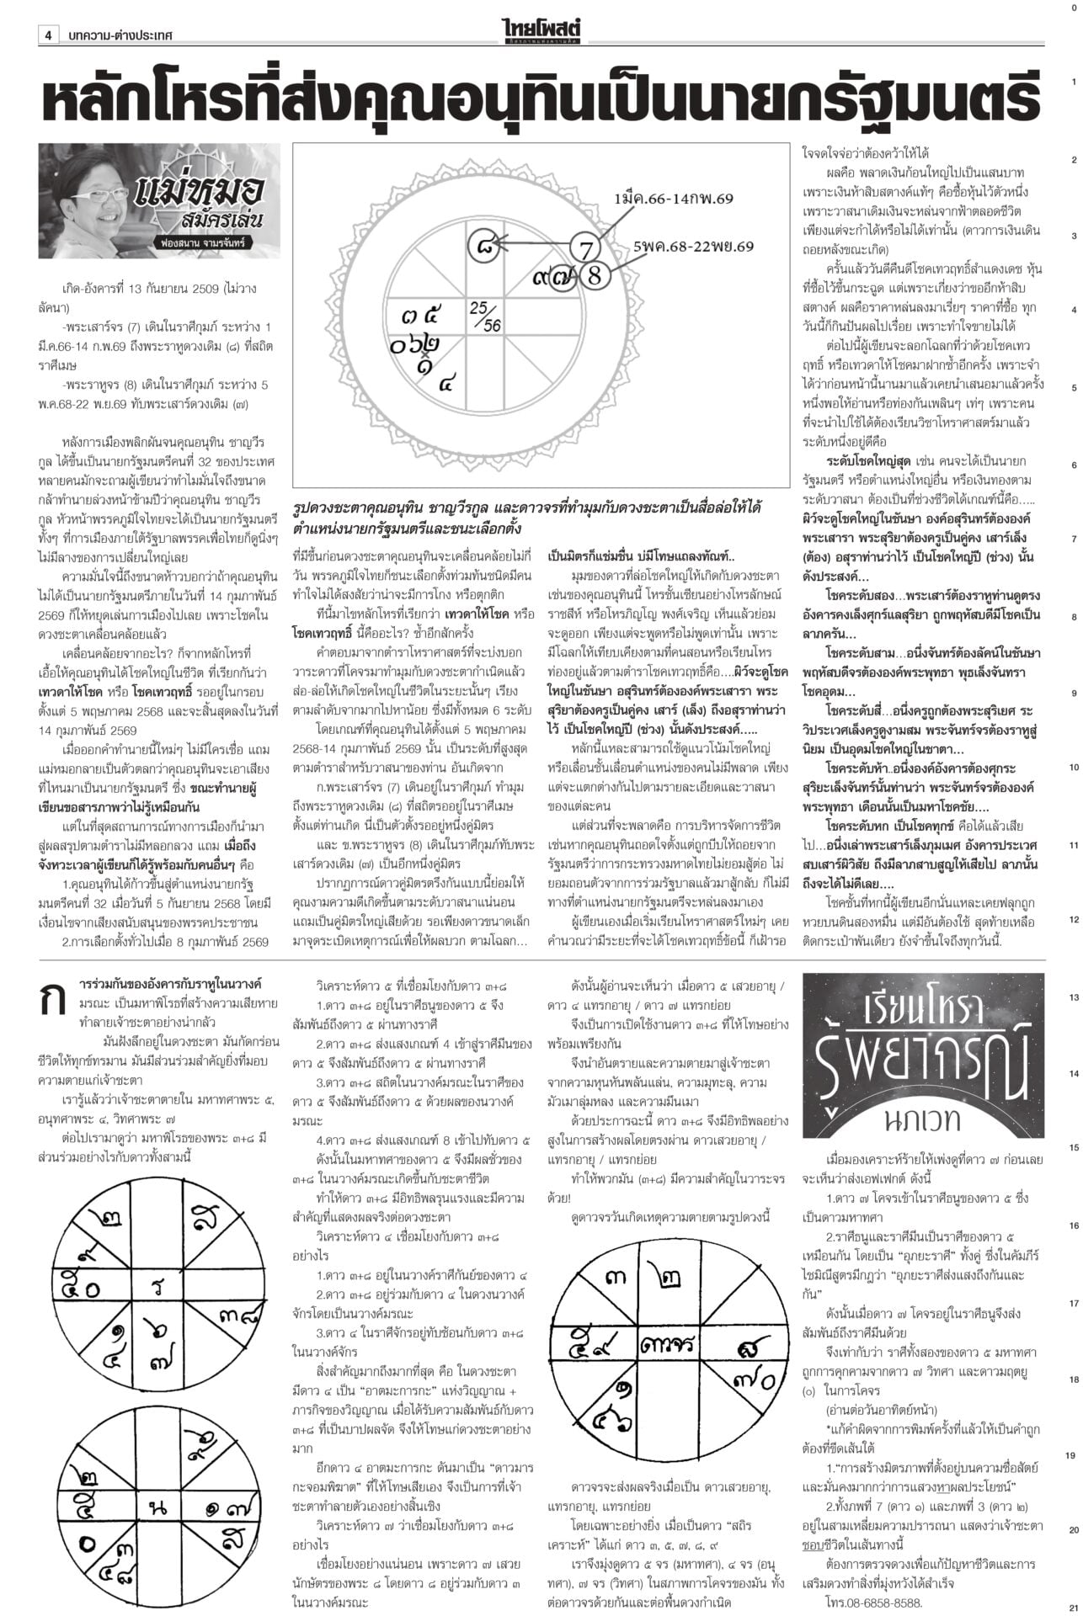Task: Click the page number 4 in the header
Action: tap(49, 36)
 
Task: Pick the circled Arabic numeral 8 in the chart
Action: tap(595, 252)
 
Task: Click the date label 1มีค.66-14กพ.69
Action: tap(674, 197)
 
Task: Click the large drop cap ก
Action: tap(56, 1002)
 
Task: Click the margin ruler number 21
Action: tap(1074, 1607)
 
